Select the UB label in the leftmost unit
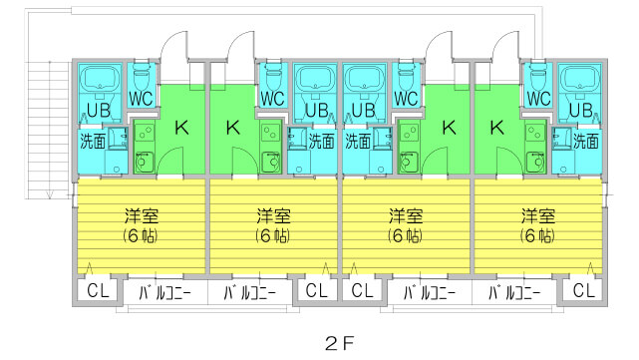click(x=99, y=110)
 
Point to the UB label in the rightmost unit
click(x=578, y=110)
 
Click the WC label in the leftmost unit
click(x=142, y=99)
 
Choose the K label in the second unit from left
click(x=232, y=127)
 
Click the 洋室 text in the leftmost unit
click(x=140, y=216)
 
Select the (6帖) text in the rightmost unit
click(x=537, y=236)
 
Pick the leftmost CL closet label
click(x=98, y=291)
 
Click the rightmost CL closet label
click(x=585, y=291)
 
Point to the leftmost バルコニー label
click(x=164, y=293)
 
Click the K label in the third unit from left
click(x=449, y=127)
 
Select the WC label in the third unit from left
click(x=406, y=99)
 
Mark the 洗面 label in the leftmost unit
click(x=93, y=141)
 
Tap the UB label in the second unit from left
click(x=317, y=110)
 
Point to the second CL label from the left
click(x=317, y=291)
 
